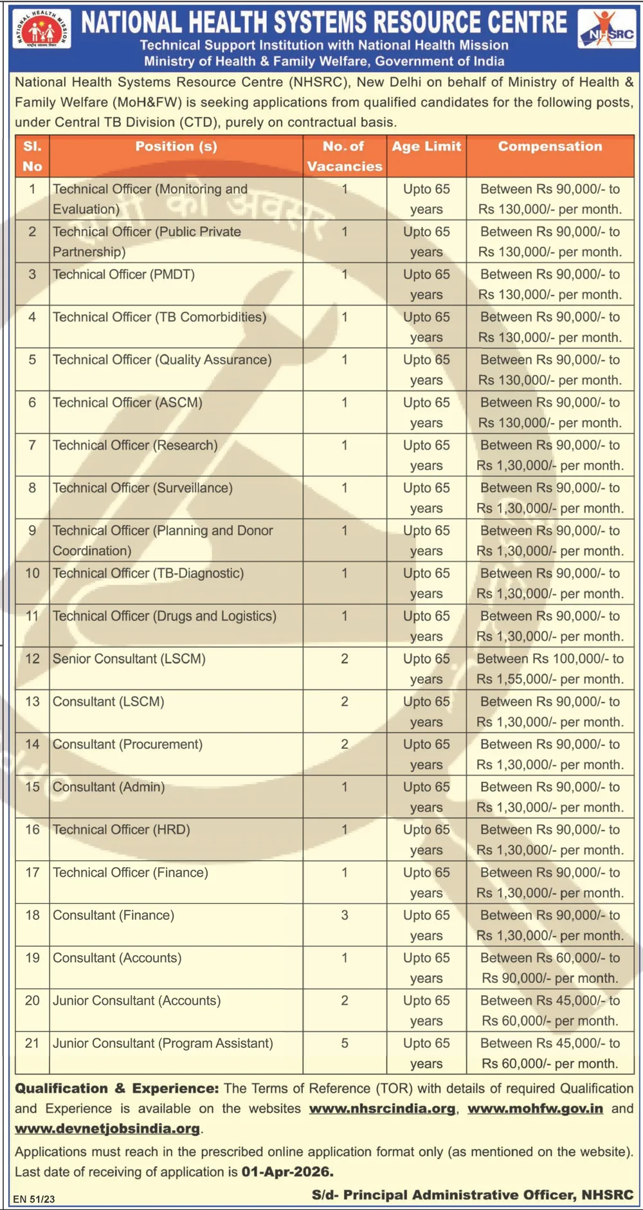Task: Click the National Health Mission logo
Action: pyautogui.click(x=42, y=29)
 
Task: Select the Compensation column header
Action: pyautogui.click(x=550, y=147)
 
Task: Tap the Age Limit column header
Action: pyautogui.click(x=426, y=147)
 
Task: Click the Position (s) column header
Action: pyautogui.click(x=176, y=147)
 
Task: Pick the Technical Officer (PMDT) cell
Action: pyautogui.click(x=123, y=275)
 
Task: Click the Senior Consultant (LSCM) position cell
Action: pyautogui.click(x=129, y=659)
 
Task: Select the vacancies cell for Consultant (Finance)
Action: pyautogui.click(x=345, y=915)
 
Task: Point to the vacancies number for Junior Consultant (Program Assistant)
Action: pyautogui.click(x=345, y=1043)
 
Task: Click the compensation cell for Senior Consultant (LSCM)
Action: pyautogui.click(x=550, y=668)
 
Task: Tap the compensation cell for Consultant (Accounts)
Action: pyautogui.click(x=550, y=967)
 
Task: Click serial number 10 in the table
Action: pyautogui.click(x=32, y=573)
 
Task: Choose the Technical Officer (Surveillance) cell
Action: pyautogui.click(x=143, y=488)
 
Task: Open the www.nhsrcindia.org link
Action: pyautogui.click(x=382, y=1108)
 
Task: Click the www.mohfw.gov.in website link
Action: pyautogui.click(x=535, y=1108)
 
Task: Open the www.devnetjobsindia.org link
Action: pyautogui.click(x=107, y=1128)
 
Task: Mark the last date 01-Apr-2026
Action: pyautogui.click(x=287, y=1171)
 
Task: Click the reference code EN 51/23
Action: pyautogui.click(x=34, y=1198)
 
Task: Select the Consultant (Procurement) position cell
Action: pyautogui.click(x=127, y=744)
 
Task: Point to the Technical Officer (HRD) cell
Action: pyautogui.click(x=122, y=830)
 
